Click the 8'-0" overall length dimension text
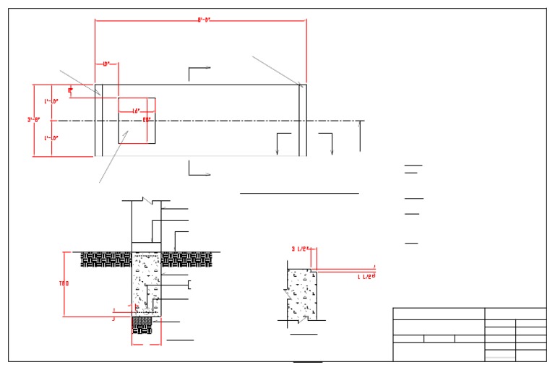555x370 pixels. pos(203,20)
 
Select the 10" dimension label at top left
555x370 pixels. pos(106,64)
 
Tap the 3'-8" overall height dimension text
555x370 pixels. pos(33,120)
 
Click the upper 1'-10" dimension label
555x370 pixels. pos(51,101)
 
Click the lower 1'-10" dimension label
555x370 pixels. pos(51,137)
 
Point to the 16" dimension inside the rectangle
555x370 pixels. pos(135,111)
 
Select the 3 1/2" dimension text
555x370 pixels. pos(301,249)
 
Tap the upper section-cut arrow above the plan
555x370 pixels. pos(199,68)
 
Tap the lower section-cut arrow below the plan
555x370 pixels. pos(199,173)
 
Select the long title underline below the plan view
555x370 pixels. pos(299,194)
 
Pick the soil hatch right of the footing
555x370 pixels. pos(194,259)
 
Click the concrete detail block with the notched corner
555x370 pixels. pos(301,293)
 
